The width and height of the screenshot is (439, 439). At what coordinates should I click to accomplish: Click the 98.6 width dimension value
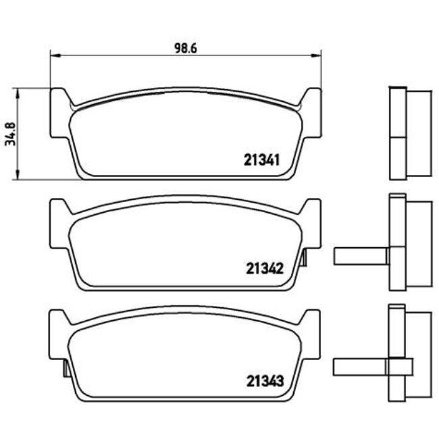[186, 47]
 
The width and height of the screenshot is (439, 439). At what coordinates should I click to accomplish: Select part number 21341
[261, 161]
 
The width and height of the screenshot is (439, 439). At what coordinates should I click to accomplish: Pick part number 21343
[261, 380]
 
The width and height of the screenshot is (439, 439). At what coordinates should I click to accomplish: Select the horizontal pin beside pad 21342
[360, 256]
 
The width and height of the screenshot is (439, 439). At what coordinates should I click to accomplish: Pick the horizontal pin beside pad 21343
[360, 367]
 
